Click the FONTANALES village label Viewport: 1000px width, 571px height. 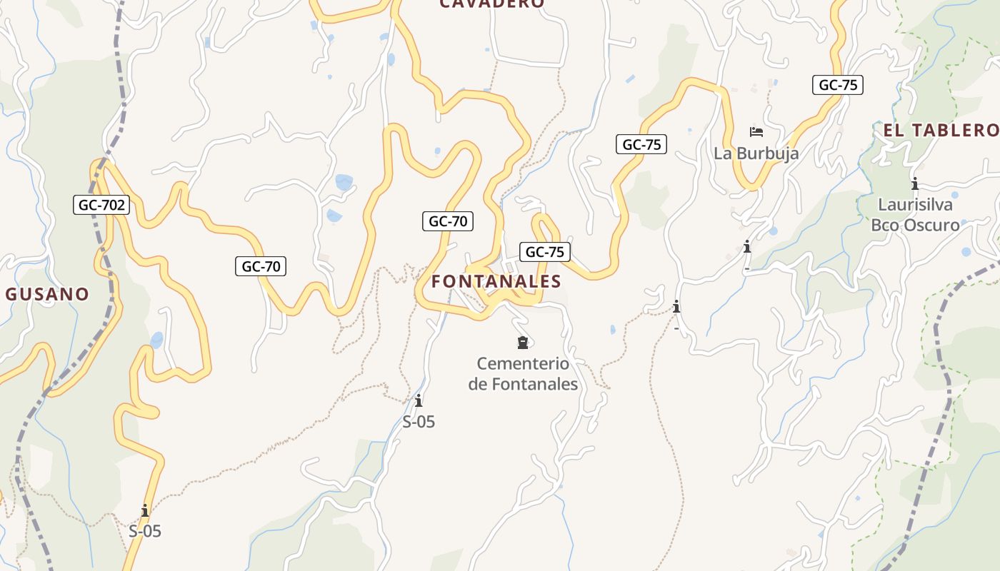496,281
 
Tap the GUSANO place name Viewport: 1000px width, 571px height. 48,294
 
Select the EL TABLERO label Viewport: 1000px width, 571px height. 941,130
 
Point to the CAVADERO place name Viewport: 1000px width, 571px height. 491,4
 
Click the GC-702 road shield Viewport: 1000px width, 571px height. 102,206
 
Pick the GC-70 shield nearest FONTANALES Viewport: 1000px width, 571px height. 448,221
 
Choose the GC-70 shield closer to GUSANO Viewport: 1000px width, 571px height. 261,266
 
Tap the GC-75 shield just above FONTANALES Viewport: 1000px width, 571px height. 545,251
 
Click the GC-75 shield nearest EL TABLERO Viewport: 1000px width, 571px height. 838,85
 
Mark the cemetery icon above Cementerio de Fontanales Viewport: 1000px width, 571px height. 523,343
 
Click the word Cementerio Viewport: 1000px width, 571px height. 523,364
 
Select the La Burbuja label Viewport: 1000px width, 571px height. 756,153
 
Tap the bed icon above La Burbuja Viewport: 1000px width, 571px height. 756,132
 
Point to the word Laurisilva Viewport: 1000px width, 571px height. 915,205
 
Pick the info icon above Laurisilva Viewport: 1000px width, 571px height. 915,183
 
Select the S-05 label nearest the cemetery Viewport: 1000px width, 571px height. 419,422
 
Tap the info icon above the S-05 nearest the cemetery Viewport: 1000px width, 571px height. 419,401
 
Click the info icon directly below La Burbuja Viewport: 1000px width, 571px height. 747,247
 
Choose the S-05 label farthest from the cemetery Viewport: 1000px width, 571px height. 145,531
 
